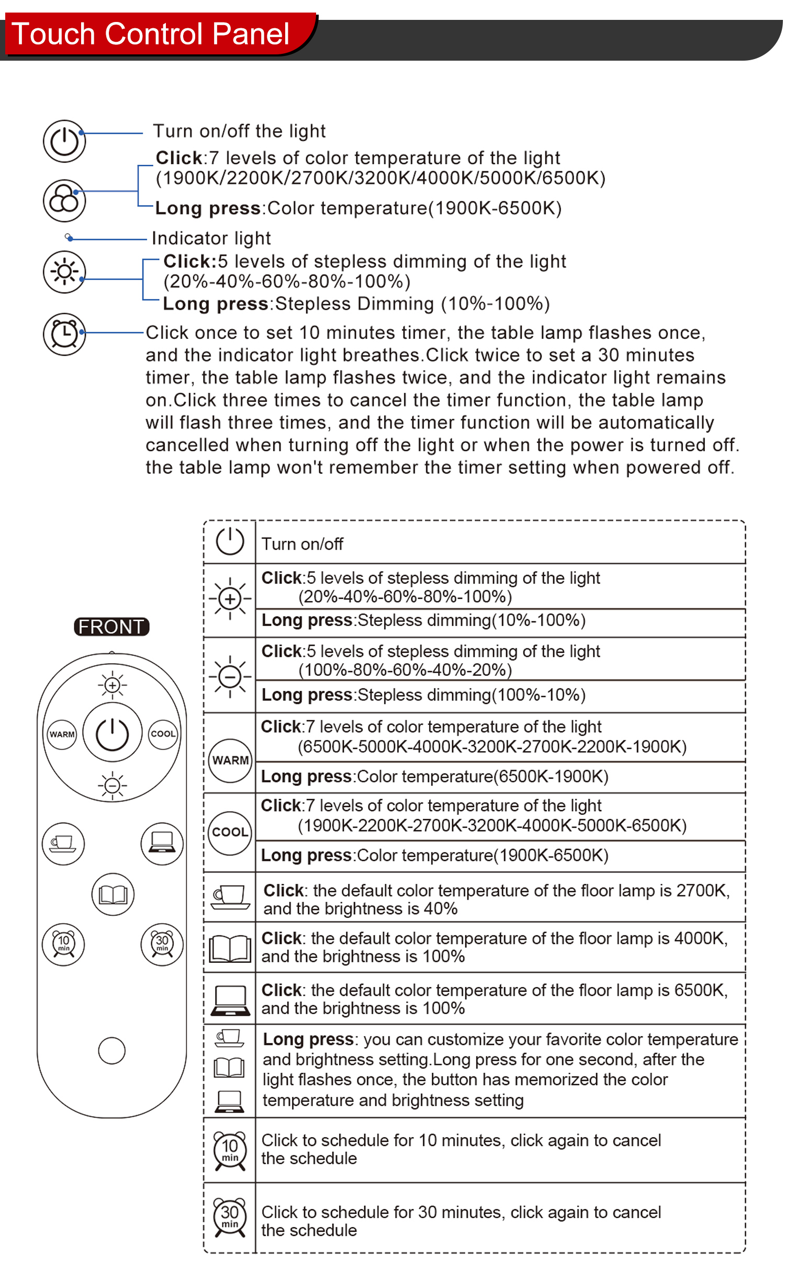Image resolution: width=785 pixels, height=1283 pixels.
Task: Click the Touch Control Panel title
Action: tap(150, 34)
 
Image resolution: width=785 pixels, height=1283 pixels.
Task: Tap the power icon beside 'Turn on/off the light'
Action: tap(64, 141)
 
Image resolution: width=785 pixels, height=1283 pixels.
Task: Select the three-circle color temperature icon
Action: tap(64, 200)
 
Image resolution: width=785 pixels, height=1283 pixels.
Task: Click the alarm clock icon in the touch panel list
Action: tap(64, 334)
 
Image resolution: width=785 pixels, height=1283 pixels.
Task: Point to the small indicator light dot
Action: tap(68, 237)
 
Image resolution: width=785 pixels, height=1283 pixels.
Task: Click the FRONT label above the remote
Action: tap(111, 627)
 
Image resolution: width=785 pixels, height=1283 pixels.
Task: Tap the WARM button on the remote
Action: tap(62, 734)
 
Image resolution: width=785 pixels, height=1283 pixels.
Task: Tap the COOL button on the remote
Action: tap(163, 734)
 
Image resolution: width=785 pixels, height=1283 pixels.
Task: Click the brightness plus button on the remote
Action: tap(112, 685)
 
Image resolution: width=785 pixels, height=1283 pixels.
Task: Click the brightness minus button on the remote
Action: tap(112, 785)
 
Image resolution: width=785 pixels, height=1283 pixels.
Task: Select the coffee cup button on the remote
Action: tap(63, 844)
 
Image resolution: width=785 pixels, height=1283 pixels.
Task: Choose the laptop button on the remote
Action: tap(162, 844)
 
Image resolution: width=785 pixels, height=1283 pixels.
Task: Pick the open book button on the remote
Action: tap(113, 894)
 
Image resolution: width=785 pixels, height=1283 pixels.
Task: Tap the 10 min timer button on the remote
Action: tap(63, 945)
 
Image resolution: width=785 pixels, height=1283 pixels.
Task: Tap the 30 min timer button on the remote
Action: tap(162, 945)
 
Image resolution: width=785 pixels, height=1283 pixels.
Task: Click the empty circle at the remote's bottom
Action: tap(111, 1051)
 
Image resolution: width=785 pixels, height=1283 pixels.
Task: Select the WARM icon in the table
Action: tap(230, 760)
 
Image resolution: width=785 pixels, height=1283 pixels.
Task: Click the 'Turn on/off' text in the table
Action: tap(302, 544)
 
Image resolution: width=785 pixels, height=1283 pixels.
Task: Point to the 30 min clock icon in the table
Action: tap(230, 1217)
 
